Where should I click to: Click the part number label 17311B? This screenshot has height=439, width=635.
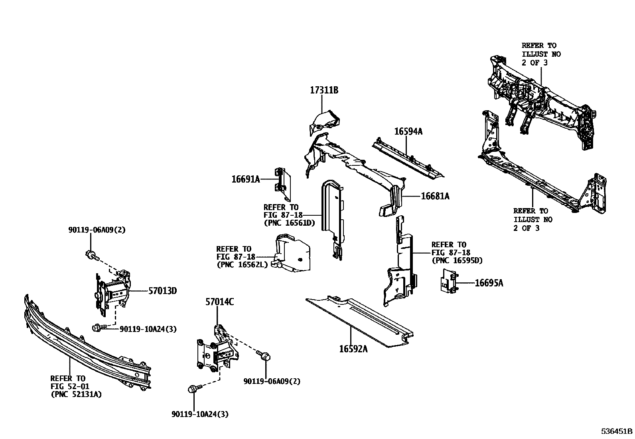[324, 91]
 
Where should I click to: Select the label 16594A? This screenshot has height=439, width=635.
[408, 131]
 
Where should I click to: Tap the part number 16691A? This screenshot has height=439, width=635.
[246, 179]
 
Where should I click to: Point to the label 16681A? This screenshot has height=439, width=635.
[435, 196]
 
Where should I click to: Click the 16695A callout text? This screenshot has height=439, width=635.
[489, 283]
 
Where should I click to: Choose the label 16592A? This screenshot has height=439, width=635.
[353, 349]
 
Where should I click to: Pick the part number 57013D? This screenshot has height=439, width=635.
[162, 291]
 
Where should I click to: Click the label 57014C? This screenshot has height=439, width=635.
[220, 302]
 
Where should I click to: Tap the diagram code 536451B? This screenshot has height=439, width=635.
[617, 431]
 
